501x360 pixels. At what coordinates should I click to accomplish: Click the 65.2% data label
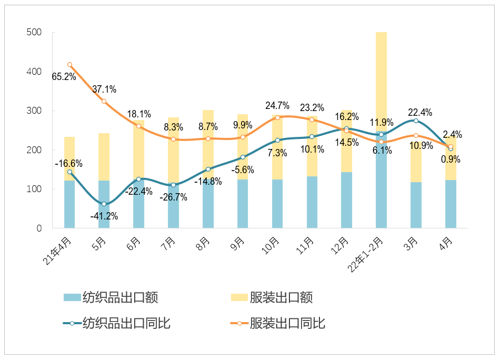point(64,77)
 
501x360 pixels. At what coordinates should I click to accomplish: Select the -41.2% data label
point(104,216)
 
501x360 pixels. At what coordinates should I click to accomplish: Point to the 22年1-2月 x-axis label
point(367,255)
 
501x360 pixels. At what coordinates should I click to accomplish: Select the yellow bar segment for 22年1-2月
point(381,79)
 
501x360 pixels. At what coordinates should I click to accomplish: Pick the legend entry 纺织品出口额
point(111,297)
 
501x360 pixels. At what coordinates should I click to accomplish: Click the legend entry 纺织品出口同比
point(116,323)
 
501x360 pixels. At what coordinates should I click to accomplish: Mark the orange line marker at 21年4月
point(69,65)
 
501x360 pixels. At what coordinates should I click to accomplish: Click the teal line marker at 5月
point(104,204)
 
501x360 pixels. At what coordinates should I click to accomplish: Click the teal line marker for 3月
point(416,121)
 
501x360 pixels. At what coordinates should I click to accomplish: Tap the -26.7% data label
point(173,197)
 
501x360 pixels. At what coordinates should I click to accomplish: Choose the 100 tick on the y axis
point(33,189)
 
